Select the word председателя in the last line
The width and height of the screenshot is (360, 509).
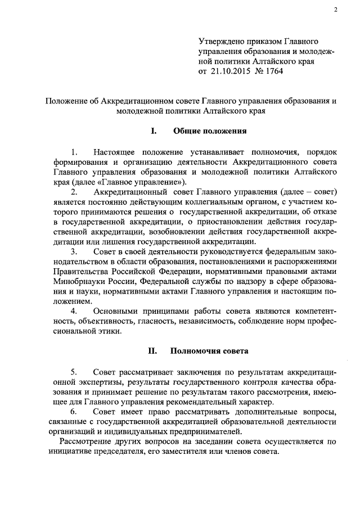pos(130,453)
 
